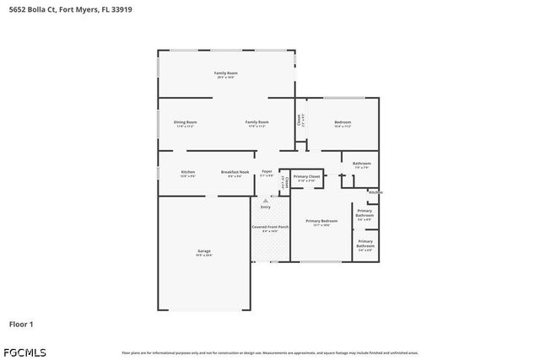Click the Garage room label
coord(204,252)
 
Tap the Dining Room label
coord(186,123)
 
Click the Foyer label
coord(267,173)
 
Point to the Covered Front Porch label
coord(271,228)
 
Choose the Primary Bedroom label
coord(321,223)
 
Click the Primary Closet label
coord(305,178)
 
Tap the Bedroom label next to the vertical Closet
coord(343,123)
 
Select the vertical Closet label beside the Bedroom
coord(300,120)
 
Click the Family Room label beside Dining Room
coord(256,123)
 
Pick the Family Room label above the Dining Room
coord(224,75)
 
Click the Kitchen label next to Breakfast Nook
coord(187,173)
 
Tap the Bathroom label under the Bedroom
coord(362,164)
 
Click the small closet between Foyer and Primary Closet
coord(284,180)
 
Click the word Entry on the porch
coord(266,207)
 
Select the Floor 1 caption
coord(21,323)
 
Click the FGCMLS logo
coord(25,351)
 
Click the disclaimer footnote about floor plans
coord(270,352)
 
